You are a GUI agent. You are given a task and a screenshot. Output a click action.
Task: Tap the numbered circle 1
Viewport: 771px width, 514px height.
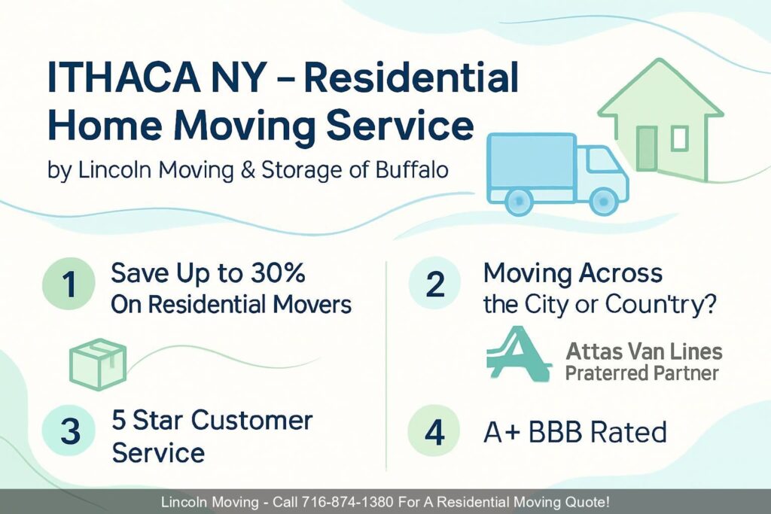coord(68,286)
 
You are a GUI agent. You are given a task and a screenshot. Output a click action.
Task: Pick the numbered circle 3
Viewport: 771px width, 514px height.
coord(69,431)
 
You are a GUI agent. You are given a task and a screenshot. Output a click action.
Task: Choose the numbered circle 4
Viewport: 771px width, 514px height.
coord(434,433)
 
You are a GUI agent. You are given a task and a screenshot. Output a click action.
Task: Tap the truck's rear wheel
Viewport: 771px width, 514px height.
coord(518,199)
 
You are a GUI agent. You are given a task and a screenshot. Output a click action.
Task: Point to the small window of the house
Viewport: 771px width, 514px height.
coord(679,138)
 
